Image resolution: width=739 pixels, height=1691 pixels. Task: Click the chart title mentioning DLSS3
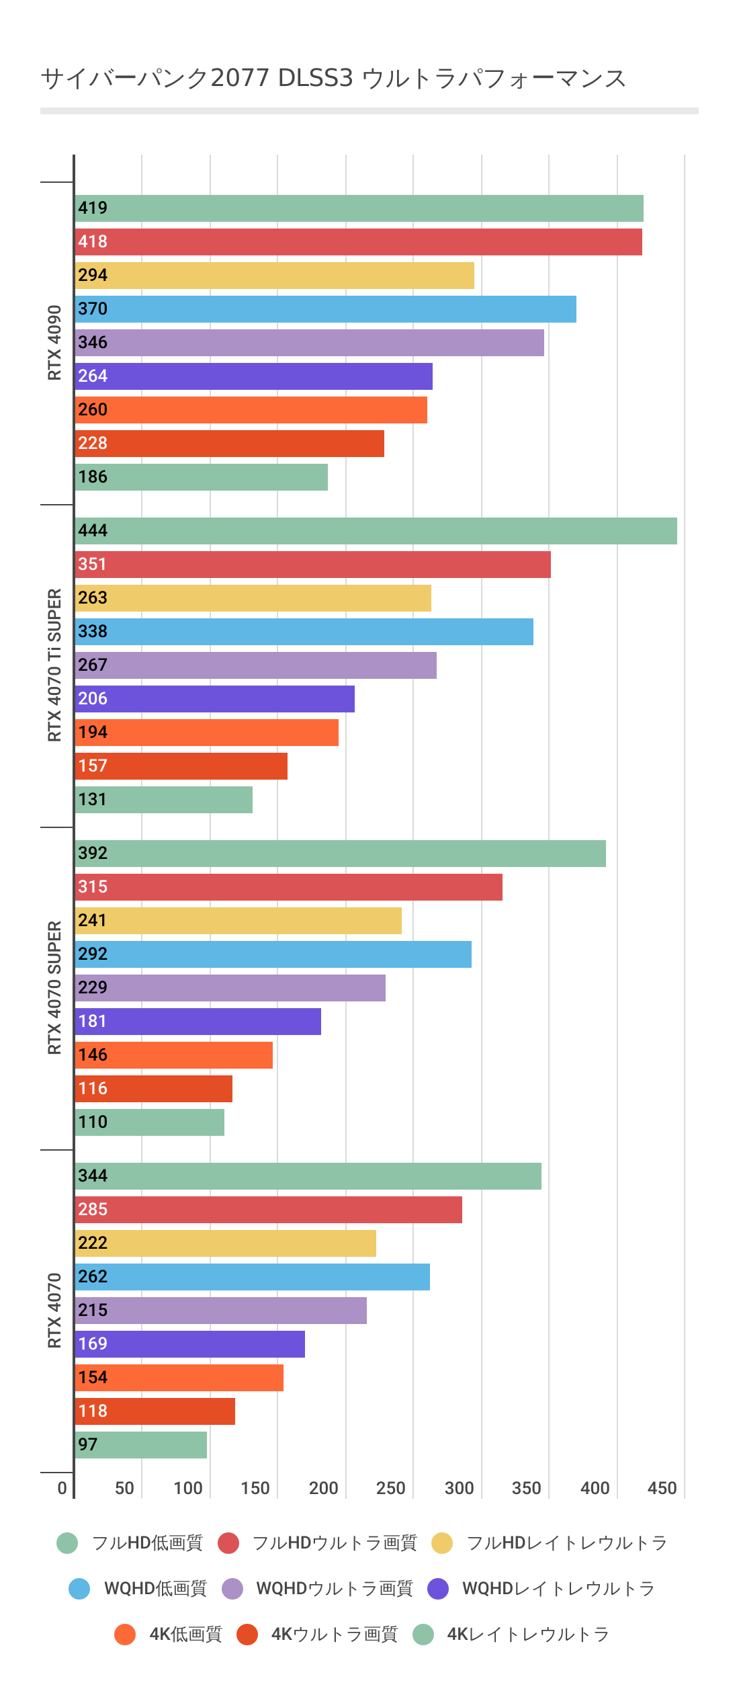[333, 79]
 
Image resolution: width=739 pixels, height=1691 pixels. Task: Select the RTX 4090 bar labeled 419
[359, 208]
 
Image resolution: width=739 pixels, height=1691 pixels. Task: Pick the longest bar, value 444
[376, 531]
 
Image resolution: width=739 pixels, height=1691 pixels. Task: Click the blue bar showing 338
[304, 632]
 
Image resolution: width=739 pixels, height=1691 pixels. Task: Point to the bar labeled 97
[140, 1445]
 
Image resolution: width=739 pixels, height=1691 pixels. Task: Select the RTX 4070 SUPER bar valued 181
[198, 1022]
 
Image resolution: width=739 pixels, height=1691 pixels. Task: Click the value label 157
[93, 766]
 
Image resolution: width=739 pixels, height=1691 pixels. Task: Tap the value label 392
[93, 854]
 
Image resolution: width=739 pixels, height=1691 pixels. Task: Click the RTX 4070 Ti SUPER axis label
[54, 665]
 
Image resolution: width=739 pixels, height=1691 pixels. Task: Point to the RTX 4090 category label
[54, 343]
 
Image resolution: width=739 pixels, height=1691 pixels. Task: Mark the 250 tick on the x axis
[390, 1488]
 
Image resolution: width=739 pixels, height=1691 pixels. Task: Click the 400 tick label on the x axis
[595, 1488]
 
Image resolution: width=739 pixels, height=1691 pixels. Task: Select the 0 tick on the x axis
[62, 1488]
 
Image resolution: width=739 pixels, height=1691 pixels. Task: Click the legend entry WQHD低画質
[155, 1589]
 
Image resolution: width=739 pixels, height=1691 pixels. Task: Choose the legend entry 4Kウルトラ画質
[334, 1635]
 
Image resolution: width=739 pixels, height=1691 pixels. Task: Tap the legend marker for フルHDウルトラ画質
[228, 1543]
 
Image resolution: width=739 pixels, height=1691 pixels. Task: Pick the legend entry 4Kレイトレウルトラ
[527, 1635]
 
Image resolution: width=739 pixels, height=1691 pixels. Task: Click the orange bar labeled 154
[179, 1378]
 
